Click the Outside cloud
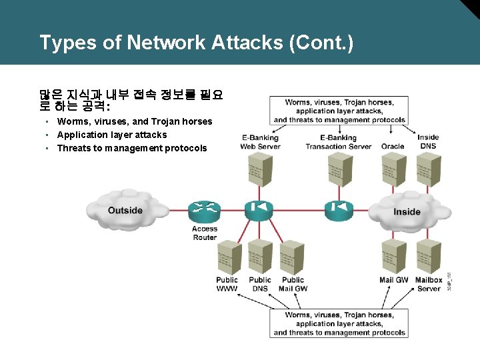[x=125, y=209]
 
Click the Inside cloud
[x=407, y=211]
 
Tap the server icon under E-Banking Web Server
[x=259, y=169]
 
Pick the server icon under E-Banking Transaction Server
[x=338, y=169]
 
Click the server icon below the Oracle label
[x=393, y=169]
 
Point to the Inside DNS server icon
[x=428, y=169]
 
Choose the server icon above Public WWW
[x=227, y=257]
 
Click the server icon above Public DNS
[x=259, y=257]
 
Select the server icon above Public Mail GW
[x=292, y=257]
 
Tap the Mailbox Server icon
[x=428, y=257]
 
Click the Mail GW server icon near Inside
[x=393, y=257]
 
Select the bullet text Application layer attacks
[x=112, y=135]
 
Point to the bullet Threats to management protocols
[x=132, y=148]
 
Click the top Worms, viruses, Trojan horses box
[x=339, y=111]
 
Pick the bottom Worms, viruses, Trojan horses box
[x=339, y=323]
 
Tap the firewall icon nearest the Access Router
[x=259, y=209]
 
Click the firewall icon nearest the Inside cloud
[x=338, y=209]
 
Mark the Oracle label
[x=393, y=146]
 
